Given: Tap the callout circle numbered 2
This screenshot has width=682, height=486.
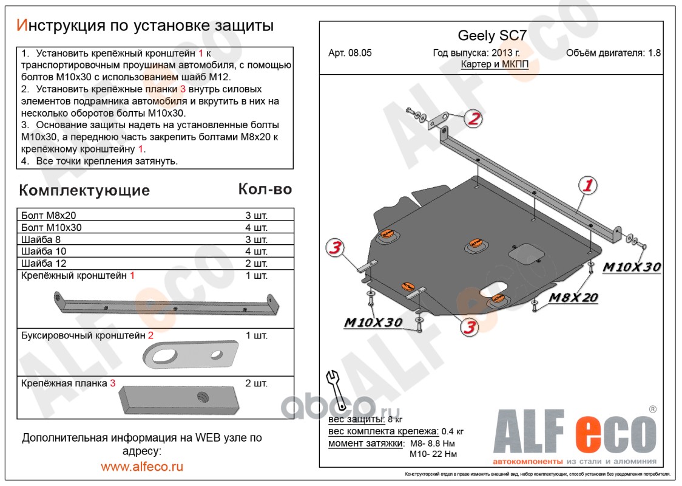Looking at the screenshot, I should click(x=473, y=119).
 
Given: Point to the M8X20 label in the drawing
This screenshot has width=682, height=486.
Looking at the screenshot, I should click(x=573, y=298).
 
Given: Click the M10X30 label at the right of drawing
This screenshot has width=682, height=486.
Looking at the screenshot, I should click(x=631, y=267).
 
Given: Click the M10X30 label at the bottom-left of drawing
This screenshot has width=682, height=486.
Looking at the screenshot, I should click(x=373, y=323).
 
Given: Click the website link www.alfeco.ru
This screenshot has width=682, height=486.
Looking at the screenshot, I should click(x=142, y=467).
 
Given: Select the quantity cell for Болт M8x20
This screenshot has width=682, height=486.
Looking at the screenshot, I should click(x=256, y=216).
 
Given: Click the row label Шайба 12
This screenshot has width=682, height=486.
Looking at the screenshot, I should click(x=44, y=263).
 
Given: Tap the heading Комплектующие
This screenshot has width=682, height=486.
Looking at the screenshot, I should click(x=84, y=190).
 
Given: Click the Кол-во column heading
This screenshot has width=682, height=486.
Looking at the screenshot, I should click(x=265, y=189).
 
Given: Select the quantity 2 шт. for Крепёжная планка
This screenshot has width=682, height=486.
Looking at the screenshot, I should click(x=256, y=383).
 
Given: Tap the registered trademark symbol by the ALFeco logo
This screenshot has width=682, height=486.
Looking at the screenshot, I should click(x=652, y=409).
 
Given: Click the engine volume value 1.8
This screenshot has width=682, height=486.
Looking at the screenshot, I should click(x=654, y=53).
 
